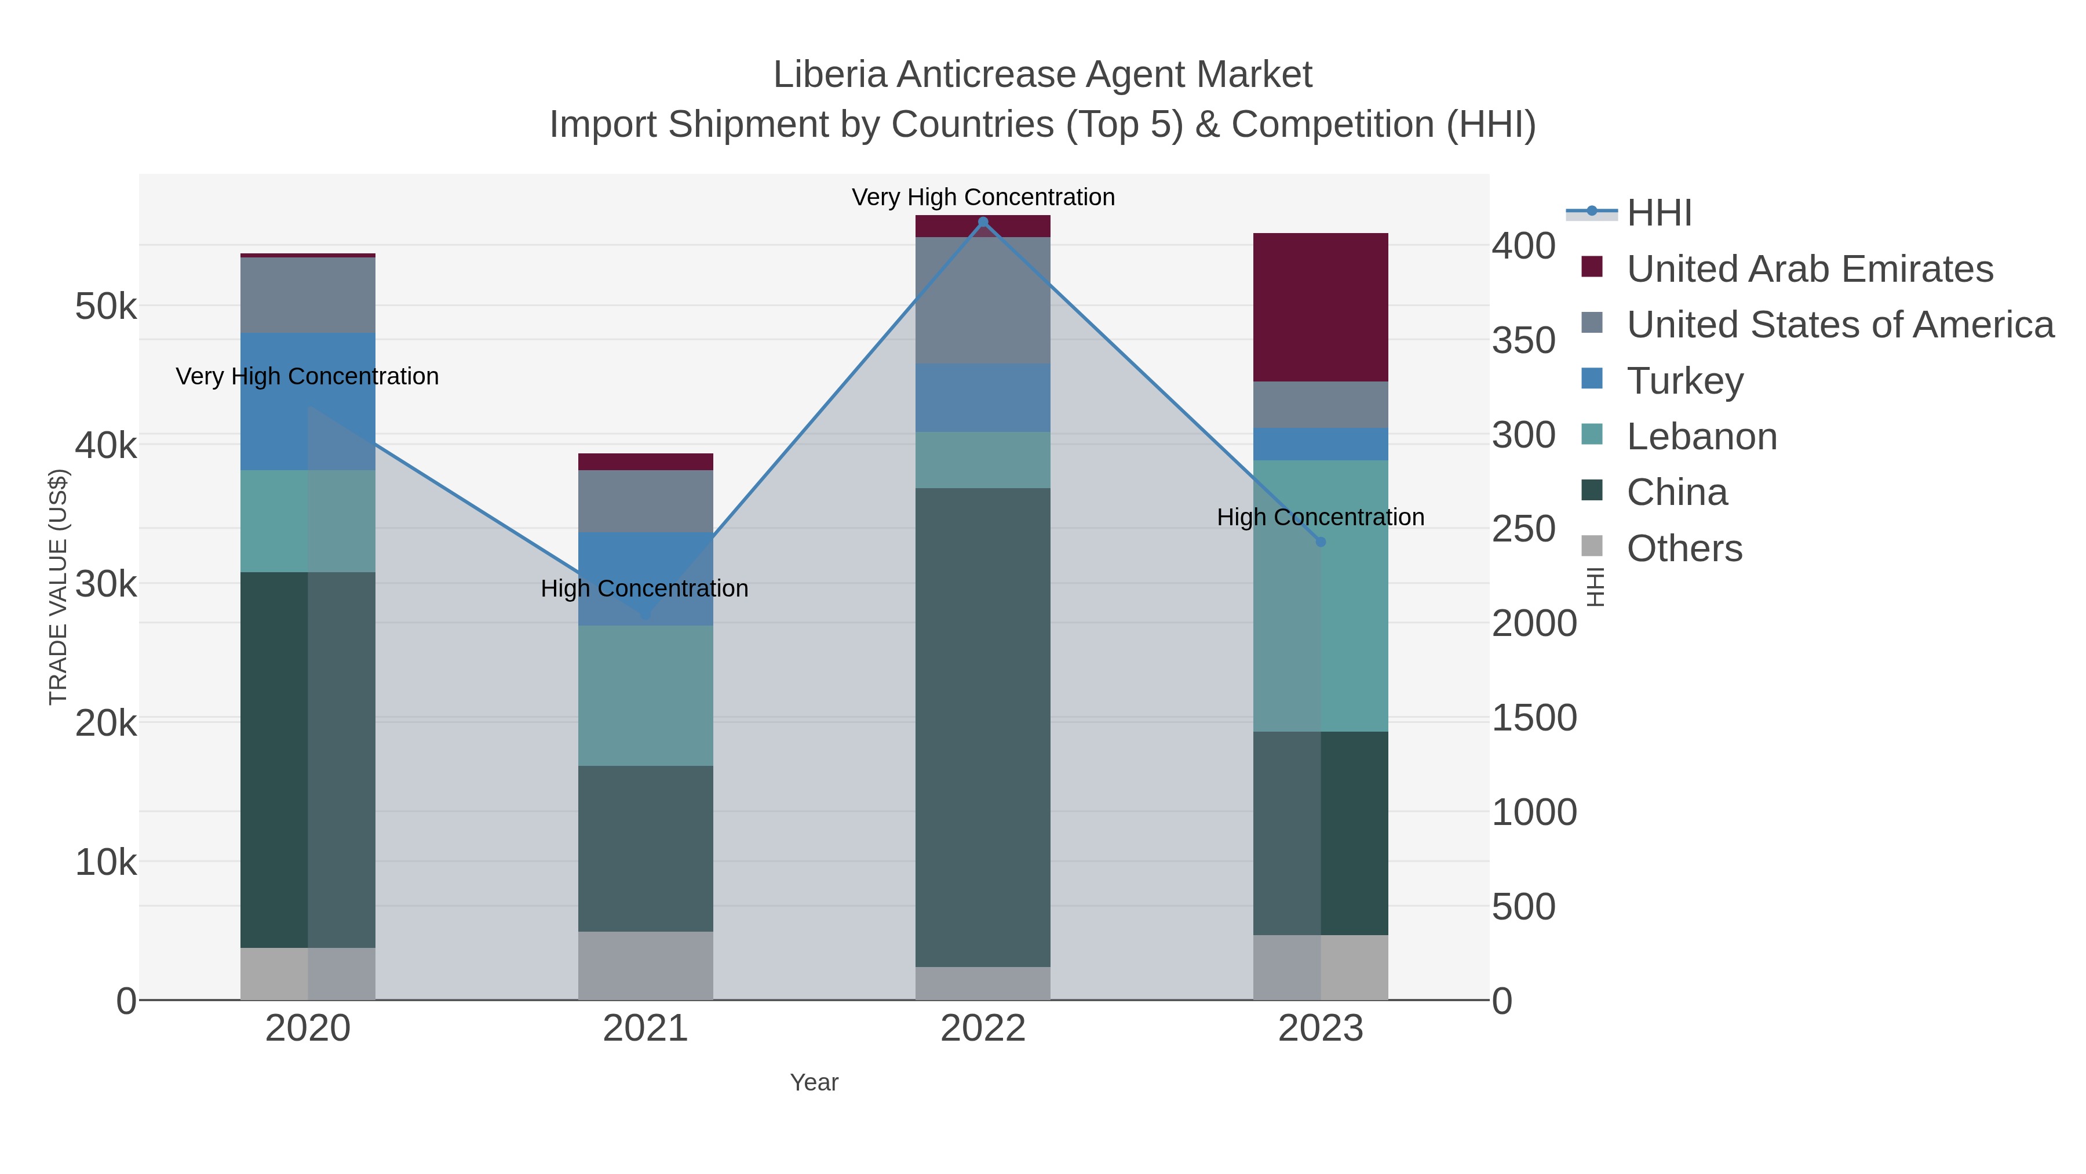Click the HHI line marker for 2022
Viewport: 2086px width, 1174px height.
pyautogui.click(x=983, y=222)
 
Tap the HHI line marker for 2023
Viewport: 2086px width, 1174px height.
pyautogui.click(x=1321, y=542)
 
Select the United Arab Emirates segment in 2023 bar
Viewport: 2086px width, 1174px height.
pyautogui.click(x=1321, y=307)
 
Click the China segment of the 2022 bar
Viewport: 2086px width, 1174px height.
pyautogui.click(x=983, y=727)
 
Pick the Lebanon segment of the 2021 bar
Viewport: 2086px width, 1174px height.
pyautogui.click(x=646, y=695)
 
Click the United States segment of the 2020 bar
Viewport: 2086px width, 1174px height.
pyautogui.click(x=308, y=295)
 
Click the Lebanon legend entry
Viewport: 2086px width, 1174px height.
pyautogui.click(x=1701, y=436)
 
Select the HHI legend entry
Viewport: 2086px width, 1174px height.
pyautogui.click(x=1658, y=212)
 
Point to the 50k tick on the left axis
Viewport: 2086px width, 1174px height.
pyautogui.click(x=105, y=306)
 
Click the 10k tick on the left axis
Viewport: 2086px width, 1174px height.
pyautogui.click(x=105, y=862)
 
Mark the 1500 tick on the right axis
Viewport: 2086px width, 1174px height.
pyautogui.click(x=1534, y=718)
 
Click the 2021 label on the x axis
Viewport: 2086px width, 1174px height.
pyautogui.click(x=646, y=1028)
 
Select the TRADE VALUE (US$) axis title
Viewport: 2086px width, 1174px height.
pyautogui.click(x=59, y=587)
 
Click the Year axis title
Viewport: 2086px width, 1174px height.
pyautogui.click(x=814, y=1082)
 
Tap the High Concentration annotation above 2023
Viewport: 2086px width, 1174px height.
pyautogui.click(x=1320, y=517)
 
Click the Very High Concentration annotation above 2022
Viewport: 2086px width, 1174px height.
pyautogui.click(x=983, y=197)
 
